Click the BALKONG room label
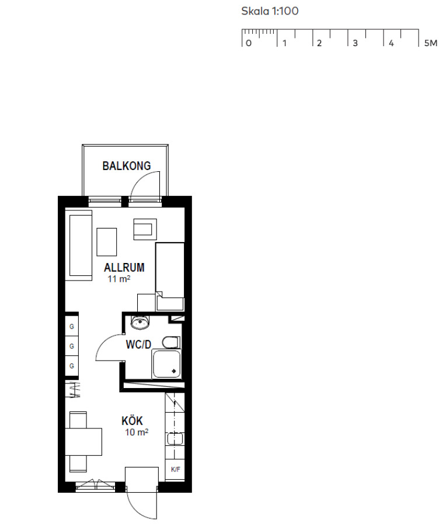pyautogui.click(x=126, y=166)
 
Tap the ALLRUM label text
pyautogui.click(x=124, y=267)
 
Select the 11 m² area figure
pyautogui.click(x=119, y=279)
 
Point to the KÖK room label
pyautogui.click(x=132, y=420)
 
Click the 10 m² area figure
pyautogui.click(x=137, y=432)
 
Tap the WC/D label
pyautogui.click(x=138, y=344)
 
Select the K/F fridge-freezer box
pyautogui.click(x=175, y=470)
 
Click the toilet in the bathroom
pyautogui.click(x=171, y=342)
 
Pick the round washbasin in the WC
pyautogui.click(x=140, y=323)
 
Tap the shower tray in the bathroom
pyautogui.click(x=166, y=364)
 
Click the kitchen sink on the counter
pyautogui.click(x=175, y=439)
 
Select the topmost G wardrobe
pyautogui.click(x=72, y=326)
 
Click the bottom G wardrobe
pyautogui.click(x=72, y=366)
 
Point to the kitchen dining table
pyautogui.click(x=83, y=442)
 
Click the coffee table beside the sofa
pyautogui.click(x=107, y=242)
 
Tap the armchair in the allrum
pyautogui.click(x=145, y=229)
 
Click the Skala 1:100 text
pyautogui.click(x=270, y=11)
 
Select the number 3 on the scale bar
pyautogui.click(x=355, y=43)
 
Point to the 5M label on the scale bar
pyautogui.click(x=431, y=43)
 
